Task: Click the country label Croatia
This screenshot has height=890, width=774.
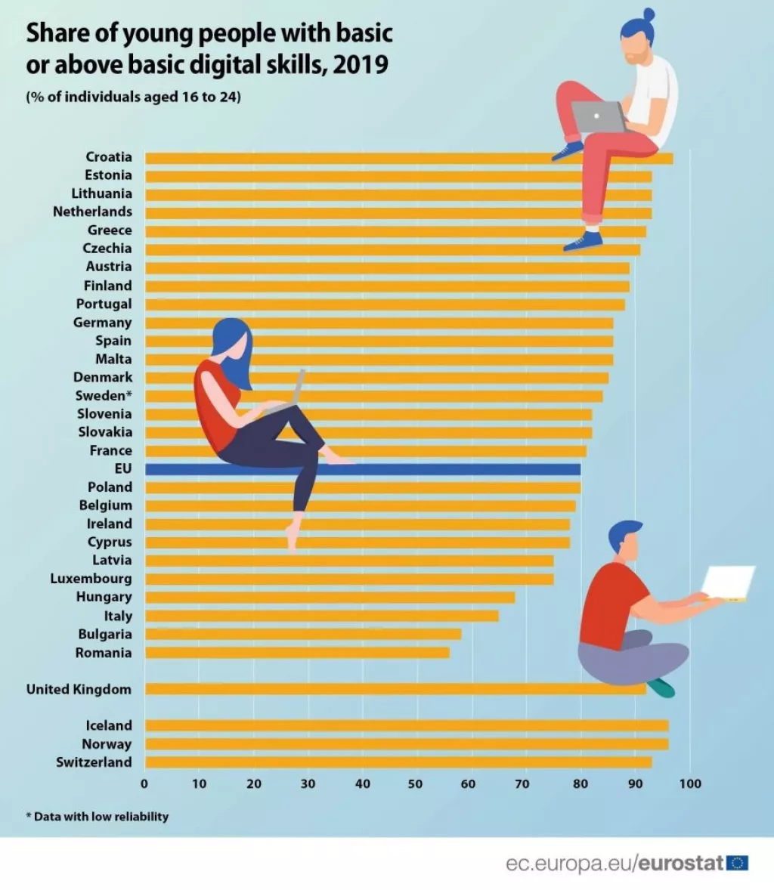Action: pyautogui.click(x=109, y=157)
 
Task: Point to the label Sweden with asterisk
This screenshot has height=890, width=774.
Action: pyautogui.click(x=104, y=396)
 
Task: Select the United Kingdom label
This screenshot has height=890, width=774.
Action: pyautogui.click(x=79, y=689)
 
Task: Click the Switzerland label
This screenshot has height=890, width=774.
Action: pyautogui.click(x=94, y=762)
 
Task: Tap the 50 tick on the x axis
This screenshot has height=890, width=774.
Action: pyautogui.click(x=415, y=784)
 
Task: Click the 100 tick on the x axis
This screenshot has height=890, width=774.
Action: pyautogui.click(x=690, y=784)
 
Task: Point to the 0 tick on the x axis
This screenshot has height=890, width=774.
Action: pyautogui.click(x=144, y=784)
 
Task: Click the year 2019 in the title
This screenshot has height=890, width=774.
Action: pyautogui.click(x=361, y=65)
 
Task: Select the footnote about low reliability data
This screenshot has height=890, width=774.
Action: pyautogui.click(x=98, y=817)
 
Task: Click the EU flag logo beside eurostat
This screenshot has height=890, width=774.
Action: pyautogui.click(x=737, y=863)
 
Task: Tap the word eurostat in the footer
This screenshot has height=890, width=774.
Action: pyautogui.click(x=681, y=863)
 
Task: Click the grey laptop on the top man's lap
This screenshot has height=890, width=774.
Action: pyautogui.click(x=598, y=116)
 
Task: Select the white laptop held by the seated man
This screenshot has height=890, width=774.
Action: pyautogui.click(x=727, y=583)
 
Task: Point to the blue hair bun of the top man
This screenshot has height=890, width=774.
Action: pyautogui.click(x=648, y=14)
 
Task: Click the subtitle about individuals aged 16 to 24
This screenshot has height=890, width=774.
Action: pyautogui.click(x=134, y=97)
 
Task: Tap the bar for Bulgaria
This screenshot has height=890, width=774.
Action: pyautogui.click(x=302, y=635)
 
